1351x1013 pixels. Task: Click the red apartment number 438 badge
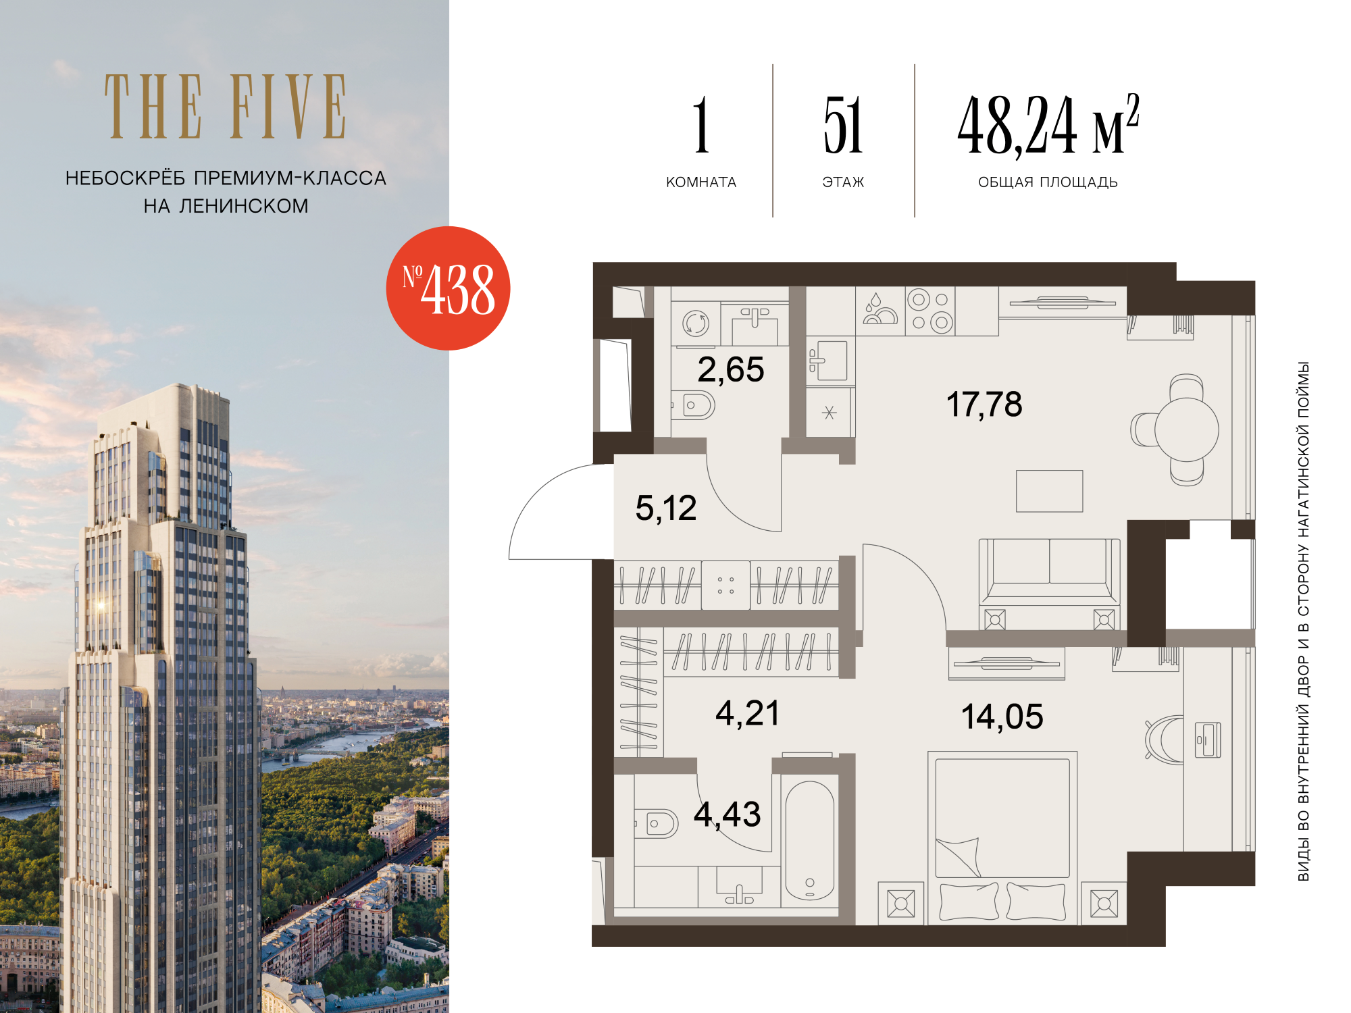[448, 288]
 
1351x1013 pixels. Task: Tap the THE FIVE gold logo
[226, 107]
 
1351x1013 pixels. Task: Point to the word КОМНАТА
[701, 182]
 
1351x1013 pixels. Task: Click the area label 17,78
[984, 405]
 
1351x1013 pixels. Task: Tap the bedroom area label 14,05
[1002, 717]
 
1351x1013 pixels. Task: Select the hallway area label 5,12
[666, 509]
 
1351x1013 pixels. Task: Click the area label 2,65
[731, 370]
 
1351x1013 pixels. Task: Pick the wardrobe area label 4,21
[748, 713]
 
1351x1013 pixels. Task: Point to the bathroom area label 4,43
[728, 814]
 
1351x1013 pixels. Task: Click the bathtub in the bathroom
[810, 840]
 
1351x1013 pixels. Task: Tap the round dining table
[1186, 430]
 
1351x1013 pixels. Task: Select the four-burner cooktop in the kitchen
[930, 311]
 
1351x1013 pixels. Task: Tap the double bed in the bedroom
[1002, 837]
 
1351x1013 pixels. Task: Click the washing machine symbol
[696, 323]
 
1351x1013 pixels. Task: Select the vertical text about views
[1303, 621]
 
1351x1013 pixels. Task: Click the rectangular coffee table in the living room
[1050, 491]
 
